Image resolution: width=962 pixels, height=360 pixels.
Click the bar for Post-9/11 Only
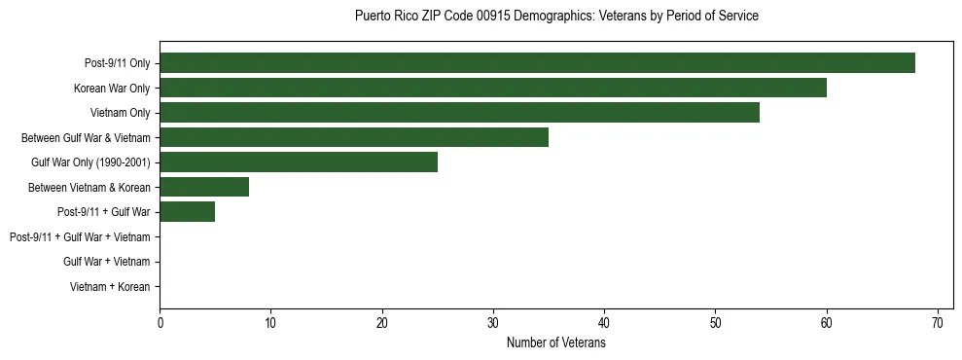pos(537,63)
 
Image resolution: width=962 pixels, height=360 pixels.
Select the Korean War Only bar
pos(493,88)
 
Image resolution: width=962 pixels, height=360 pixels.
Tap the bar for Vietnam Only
pos(459,113)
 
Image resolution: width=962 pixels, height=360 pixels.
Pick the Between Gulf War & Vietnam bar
pos(354,137)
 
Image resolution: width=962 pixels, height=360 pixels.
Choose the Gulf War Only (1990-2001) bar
pos(299,162)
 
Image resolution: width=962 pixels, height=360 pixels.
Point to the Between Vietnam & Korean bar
pos(204,187)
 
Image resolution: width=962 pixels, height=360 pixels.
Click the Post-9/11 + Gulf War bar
pos(188,212)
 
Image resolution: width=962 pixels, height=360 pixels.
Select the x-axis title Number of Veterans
pos(556,343)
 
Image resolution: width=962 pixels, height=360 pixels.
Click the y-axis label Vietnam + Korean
pos(110,287)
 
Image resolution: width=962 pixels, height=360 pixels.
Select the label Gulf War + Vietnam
pos(107,262)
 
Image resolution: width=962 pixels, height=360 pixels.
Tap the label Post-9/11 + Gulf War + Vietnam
pos(80,237)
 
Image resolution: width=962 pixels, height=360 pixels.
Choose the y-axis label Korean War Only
pos(112,89)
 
